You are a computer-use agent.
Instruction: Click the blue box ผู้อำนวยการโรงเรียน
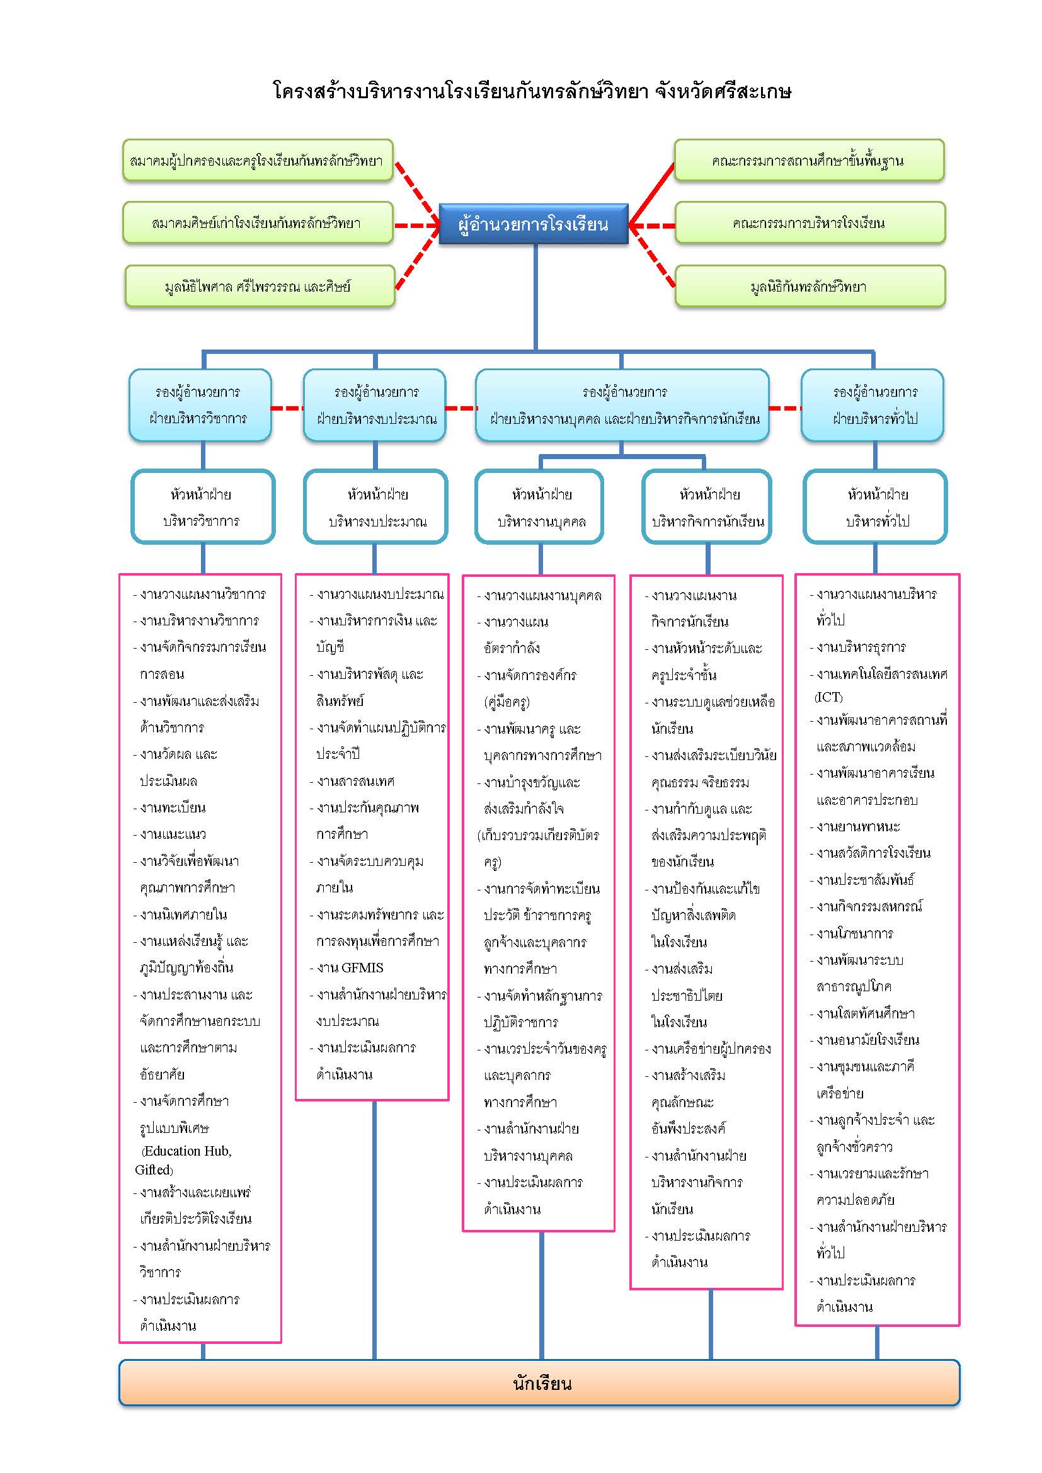coord(533,224)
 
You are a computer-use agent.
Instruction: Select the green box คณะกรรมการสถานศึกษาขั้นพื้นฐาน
coord(808,161)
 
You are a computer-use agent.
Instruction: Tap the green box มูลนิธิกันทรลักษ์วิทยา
coord(810,286)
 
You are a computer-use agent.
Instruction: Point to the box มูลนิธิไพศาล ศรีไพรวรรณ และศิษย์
coord(259,286)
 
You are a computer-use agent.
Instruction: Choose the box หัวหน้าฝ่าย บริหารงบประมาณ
coord(376,507)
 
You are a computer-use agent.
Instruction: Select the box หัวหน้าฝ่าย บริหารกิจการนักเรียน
coord(707,507)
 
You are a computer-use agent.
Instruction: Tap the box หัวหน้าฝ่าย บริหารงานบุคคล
coord(541,507)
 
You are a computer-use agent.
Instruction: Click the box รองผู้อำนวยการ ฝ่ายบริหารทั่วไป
coord(873,405)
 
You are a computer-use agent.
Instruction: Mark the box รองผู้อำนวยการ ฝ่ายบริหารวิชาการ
coord(200,405)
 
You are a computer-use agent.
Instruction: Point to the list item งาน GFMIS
coord(350,967)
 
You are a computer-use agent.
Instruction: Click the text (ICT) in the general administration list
coord(828,697)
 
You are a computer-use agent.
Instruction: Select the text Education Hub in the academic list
coord(186,1151)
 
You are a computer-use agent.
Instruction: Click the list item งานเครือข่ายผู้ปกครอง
coord(711,1049)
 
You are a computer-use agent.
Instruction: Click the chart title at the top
coord(532,91)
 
